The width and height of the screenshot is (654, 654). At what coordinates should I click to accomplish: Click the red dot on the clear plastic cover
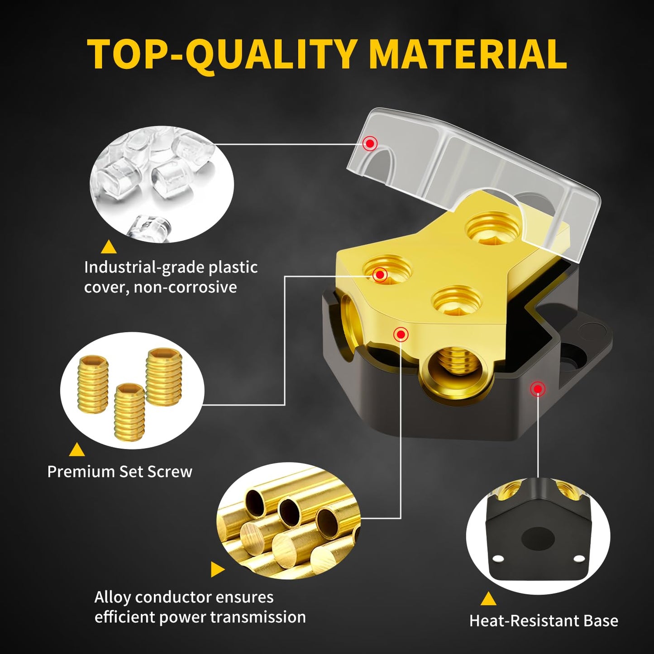pos(370,143)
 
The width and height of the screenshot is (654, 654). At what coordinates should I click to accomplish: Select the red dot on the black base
pos(538,389)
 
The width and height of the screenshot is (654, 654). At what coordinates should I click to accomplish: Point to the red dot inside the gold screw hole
pos(380,274)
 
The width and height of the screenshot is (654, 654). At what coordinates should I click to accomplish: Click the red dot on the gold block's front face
pos(401,334)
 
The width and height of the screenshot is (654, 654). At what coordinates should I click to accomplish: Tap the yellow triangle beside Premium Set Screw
pos(77,449)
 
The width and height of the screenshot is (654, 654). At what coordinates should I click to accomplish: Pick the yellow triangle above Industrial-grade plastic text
pos(109,247)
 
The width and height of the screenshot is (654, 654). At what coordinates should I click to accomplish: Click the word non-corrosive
pos(185,287)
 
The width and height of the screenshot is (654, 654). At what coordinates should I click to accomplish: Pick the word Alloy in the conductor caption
pos(112,597)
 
